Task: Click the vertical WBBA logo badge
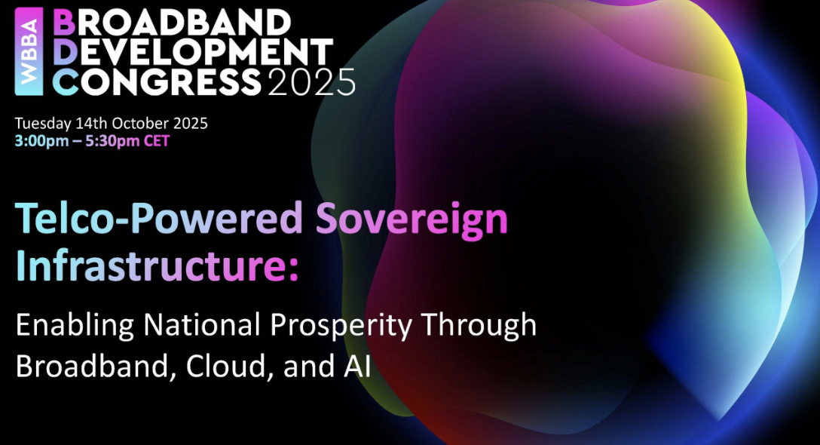pyautogui.click(x=29, y=52)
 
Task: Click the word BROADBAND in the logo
pyautogui.click(x=172, y=23)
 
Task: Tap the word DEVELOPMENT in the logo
pyautogui.click(x=193, y=52)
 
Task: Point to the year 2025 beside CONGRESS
pyautogui.click(x=312, y=82)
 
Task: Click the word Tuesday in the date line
pyautogui.click(x=43, y=124)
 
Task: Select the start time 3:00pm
pyautogui.click(x=42, y=141)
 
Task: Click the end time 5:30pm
pyautogui.click(x=112, y=141)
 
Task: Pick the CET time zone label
pyautogui.click(x=157, y=141)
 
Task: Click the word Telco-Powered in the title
pyautogui.click(x=160, y=218)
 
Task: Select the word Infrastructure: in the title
pyautogui.click(x=157, y=265)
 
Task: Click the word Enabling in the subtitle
pyautogui.click(x=75, y=326)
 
